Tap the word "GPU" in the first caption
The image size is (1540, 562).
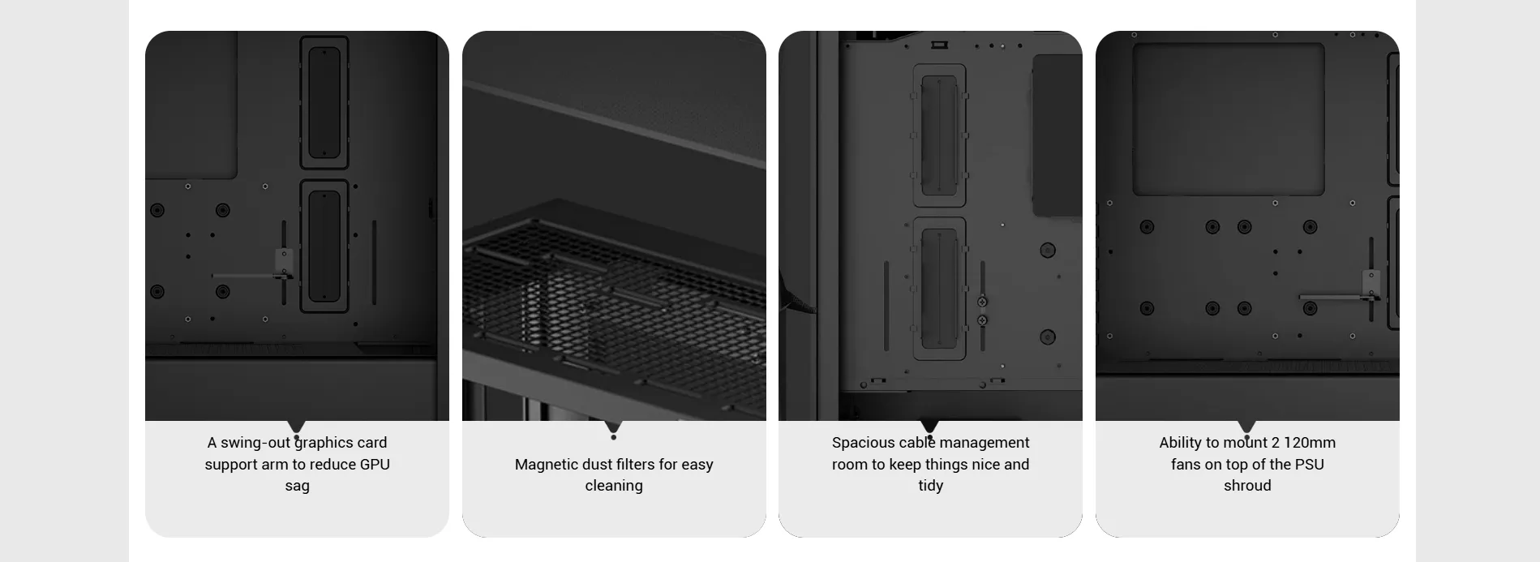375,465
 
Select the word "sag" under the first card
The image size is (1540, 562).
297,487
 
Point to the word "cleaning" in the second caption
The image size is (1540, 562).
614,486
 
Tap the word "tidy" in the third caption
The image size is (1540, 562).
931,486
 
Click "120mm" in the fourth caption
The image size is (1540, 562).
1310,443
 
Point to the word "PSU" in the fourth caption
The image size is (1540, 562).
1309,465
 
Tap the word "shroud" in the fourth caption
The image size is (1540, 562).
1247,486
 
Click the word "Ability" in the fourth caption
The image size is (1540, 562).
1181,443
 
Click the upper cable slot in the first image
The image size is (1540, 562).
324,102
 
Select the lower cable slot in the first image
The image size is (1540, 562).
324,246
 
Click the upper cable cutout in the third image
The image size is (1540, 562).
940,135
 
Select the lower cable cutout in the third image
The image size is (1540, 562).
940,289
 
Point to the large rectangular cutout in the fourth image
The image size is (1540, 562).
1229,119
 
